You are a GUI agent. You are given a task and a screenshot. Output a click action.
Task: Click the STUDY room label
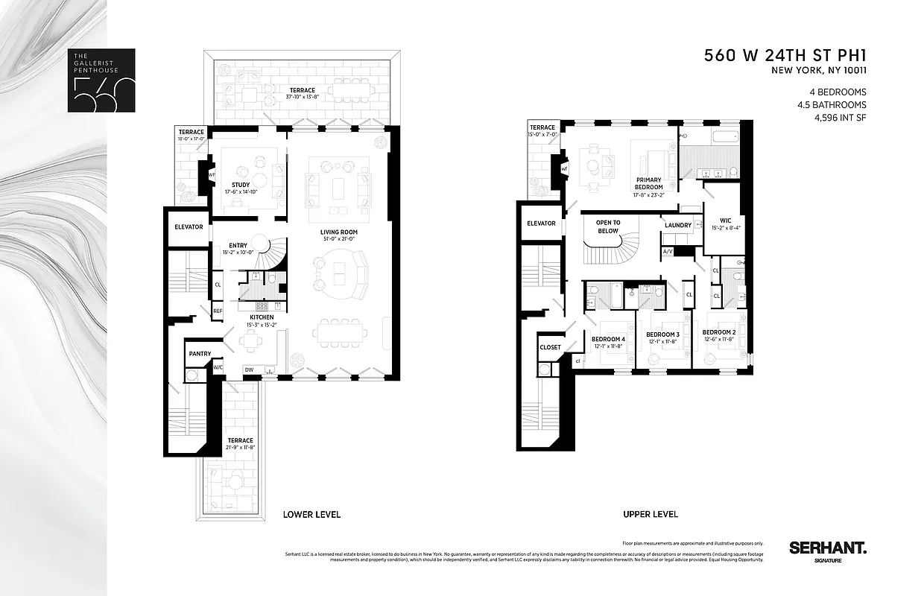[x=240, y=185]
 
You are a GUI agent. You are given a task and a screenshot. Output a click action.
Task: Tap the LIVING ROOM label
[x=339, y=232]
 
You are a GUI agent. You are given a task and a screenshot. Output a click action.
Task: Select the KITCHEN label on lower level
[x=262, y=317]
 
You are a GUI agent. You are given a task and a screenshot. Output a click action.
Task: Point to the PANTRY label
[x=200, y=354]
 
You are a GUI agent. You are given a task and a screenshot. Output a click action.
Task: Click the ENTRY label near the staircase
[x=238, y=245]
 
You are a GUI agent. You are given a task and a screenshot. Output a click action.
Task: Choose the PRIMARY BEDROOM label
[x=648, y=183]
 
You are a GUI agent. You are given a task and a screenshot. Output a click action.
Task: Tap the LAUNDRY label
[x=679, y=225]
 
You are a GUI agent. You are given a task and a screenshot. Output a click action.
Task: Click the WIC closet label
[x=725, y=221]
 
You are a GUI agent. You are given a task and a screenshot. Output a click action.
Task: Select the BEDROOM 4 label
[x=608, y=339]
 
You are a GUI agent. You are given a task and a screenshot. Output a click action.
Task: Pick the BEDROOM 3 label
[x=662, y=335]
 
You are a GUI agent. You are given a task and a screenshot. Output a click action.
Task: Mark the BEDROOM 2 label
[x=719, y=332]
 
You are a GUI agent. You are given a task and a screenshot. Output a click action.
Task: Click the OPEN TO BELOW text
[x=608, y=226]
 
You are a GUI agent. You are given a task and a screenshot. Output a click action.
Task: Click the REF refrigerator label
[x=218, y=311]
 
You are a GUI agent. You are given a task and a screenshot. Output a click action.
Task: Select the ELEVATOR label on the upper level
[x=541, y=223]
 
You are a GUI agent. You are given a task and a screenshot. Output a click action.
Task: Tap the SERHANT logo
[x=828, y=548]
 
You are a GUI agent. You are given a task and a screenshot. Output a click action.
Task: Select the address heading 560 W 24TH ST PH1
[x=787, y=56]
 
